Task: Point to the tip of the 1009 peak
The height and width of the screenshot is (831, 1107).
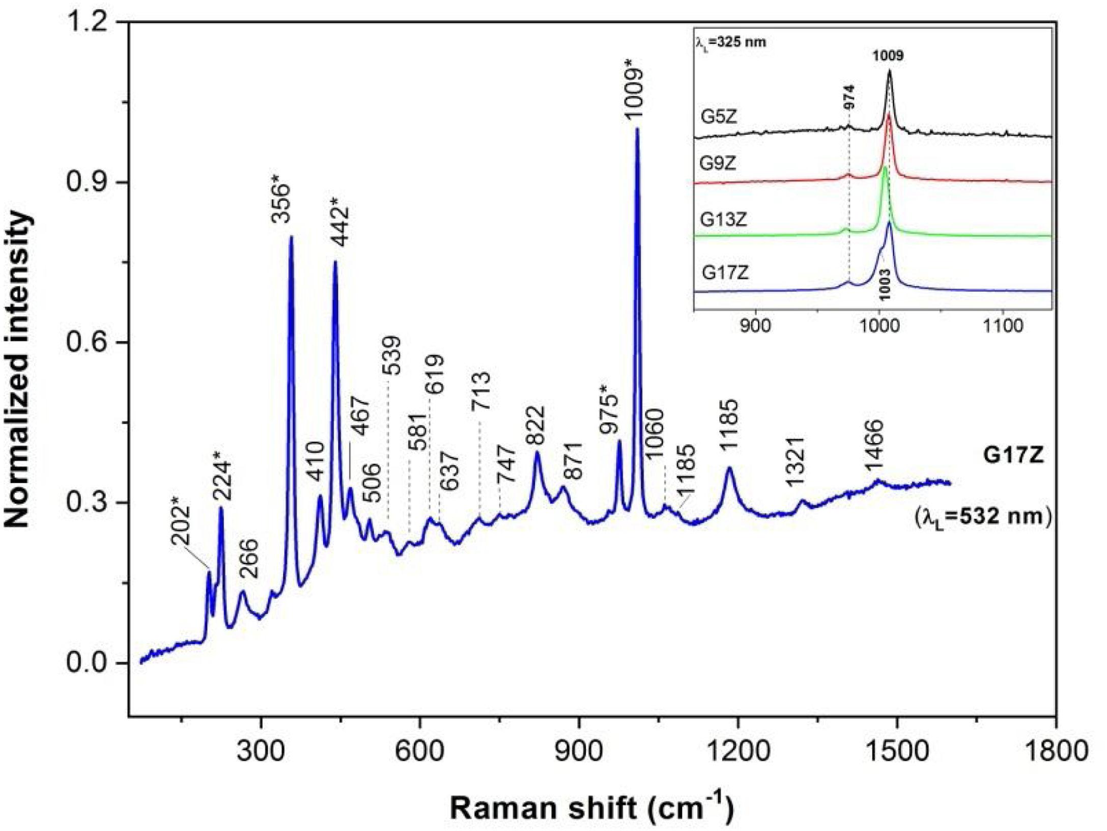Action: (x=637, y=129)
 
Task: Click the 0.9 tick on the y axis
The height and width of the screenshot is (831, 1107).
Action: (x=90, y=182)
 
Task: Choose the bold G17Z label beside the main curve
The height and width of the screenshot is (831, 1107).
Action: (x=1013, y=456)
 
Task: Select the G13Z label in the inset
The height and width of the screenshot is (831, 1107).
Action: (x=723, y=220)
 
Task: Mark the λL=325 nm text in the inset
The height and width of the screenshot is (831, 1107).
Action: (x=730, y=43)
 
